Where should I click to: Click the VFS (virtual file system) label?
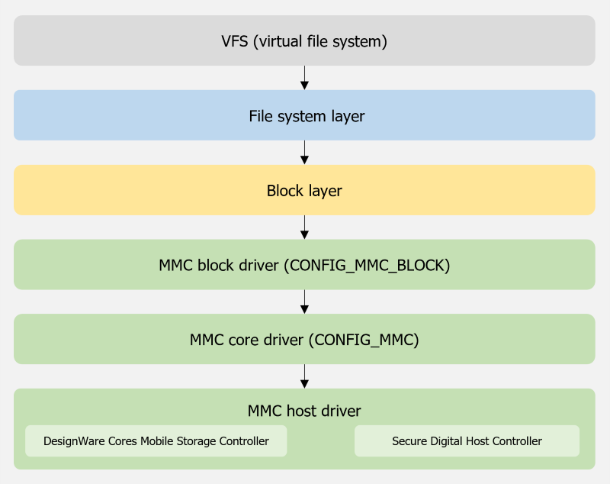click(x=304, y=41)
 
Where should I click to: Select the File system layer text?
click(x=307, y=116)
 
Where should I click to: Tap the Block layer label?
click(x=304, y=191)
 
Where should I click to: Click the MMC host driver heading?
click(x=304, y=411)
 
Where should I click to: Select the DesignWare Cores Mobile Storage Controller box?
click(x=156, y=441)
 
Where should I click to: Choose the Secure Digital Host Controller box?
click(x=467, y=441)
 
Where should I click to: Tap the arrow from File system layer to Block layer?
click(x=304, y=153)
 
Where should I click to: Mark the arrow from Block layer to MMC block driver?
click(x=304, y=227)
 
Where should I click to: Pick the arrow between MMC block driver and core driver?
click(x=304, y=302)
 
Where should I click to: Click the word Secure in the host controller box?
click(x=409, y=441)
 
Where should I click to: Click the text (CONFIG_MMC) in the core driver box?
click(x=364, y=340)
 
